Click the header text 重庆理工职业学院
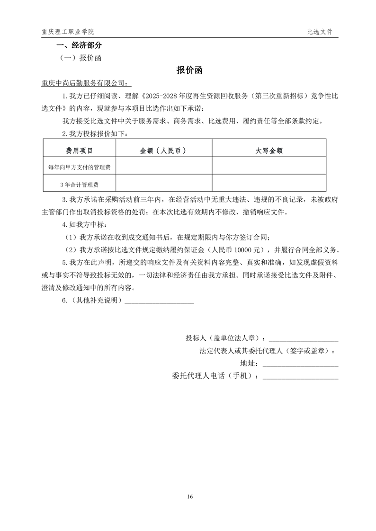pyautogui.click(x=68, y=32)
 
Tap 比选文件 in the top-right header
pyautogui.click(x=320, y=32)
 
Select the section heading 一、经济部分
pyautogui.click(x=79, y=46)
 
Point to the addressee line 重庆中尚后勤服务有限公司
pyautogui.click(x=85, y=83)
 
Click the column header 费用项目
pyautogui.click(x=79, y=150)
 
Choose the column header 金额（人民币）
pyautogui.click(x=163, y=150)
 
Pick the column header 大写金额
pyautogui.click(x=269, y=150)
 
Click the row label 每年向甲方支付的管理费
pyautogui.click(x=79, y=167)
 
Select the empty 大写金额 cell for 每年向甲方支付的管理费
pyautogui.click(x=269, y=167)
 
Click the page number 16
pyautogui.click(x=190, y=496)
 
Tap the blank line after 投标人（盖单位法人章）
pyautogui.click(x=304, y=339)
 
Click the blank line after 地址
pyautogui.click(x=300, y=364)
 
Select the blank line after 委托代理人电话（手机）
pyautogui.click(x=300, y=377)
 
